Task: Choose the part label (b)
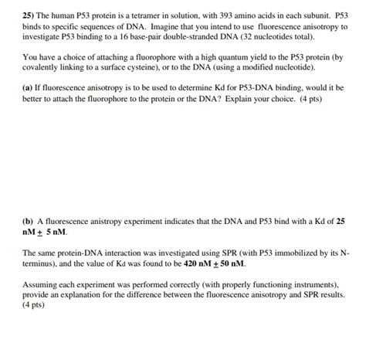[x=29, y=220]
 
